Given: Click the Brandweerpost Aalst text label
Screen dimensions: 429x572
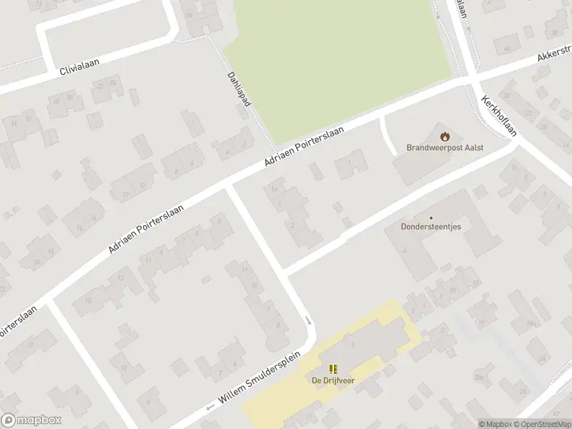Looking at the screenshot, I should click(x=445, y=147).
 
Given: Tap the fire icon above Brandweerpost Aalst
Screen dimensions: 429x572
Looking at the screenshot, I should click(x=445, y=135).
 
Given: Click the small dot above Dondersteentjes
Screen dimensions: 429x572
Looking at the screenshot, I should click(x=431, y=218).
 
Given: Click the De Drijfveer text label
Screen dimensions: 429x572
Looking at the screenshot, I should click(x=333, y=380).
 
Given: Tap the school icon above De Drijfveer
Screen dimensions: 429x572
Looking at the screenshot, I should click(x=333, y=368).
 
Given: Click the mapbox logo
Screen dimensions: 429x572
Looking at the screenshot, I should click(x=31, y=420).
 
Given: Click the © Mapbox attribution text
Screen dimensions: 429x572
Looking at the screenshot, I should click(x=495, y=424).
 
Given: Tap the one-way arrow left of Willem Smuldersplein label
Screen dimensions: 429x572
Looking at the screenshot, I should click(x=209, y=407).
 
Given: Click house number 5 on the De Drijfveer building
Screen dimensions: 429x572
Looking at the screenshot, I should click(x=353, y=345).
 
